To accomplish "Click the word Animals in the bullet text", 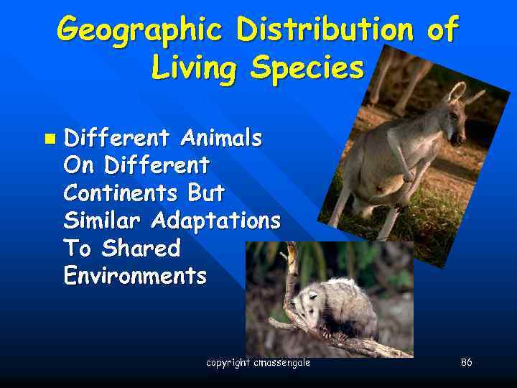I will tap(221, 137).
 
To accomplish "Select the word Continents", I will tap(120, 193).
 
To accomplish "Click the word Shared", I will tap(141, 249).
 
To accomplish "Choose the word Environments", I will tap(135, 276).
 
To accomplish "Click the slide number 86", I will tap(466, 363).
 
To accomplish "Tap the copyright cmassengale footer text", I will tap(258, 363).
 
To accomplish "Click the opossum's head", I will tap(310, 302).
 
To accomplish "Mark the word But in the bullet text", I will tap(206, 193).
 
